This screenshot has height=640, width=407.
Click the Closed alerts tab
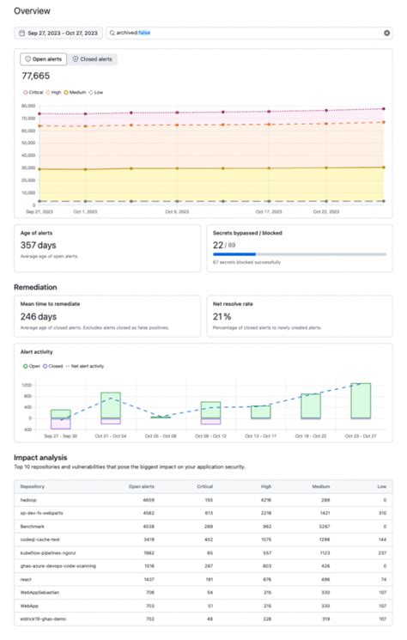point(92,59)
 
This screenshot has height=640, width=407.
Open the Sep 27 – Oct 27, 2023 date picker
point(58,33)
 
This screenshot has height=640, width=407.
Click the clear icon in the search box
point(386,33)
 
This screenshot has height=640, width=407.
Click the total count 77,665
point(35,76)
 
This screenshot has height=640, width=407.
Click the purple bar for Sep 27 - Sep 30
point(60,424)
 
